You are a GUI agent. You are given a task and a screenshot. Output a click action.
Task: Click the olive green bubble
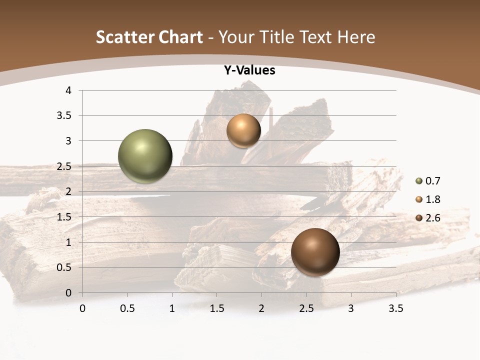tap(145, 156)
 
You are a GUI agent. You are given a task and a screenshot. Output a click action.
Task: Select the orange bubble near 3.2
tap(243, 130)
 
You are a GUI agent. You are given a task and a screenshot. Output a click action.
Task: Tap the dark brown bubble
tap(315, 252)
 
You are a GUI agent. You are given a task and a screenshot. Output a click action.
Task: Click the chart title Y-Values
tap(249, 70)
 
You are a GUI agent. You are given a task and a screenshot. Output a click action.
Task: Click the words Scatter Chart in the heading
tap(149, 37)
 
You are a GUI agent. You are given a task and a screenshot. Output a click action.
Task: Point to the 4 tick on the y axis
tap(68, 90)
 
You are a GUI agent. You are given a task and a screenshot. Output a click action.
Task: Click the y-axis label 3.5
tap(65, 116)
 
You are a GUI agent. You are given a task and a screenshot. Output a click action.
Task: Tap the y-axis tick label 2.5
tap(65, 166)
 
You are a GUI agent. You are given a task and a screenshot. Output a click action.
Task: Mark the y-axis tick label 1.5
tap(65, 217)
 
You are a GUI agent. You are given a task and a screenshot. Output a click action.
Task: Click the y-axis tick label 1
tap(68, 242)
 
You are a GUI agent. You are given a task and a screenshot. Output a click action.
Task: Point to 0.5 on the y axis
tap(65, 267)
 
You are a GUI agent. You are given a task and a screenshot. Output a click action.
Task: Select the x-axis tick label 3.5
tap(395, 308)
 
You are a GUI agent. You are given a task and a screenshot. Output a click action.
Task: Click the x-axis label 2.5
tap(306, 308)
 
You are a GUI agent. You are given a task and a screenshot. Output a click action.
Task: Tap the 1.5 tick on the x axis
tap(216, 308)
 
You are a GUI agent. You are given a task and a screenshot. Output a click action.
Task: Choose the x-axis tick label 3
tap(351, 308)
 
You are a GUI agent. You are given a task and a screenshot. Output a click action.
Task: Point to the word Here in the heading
tap(356, 37)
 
